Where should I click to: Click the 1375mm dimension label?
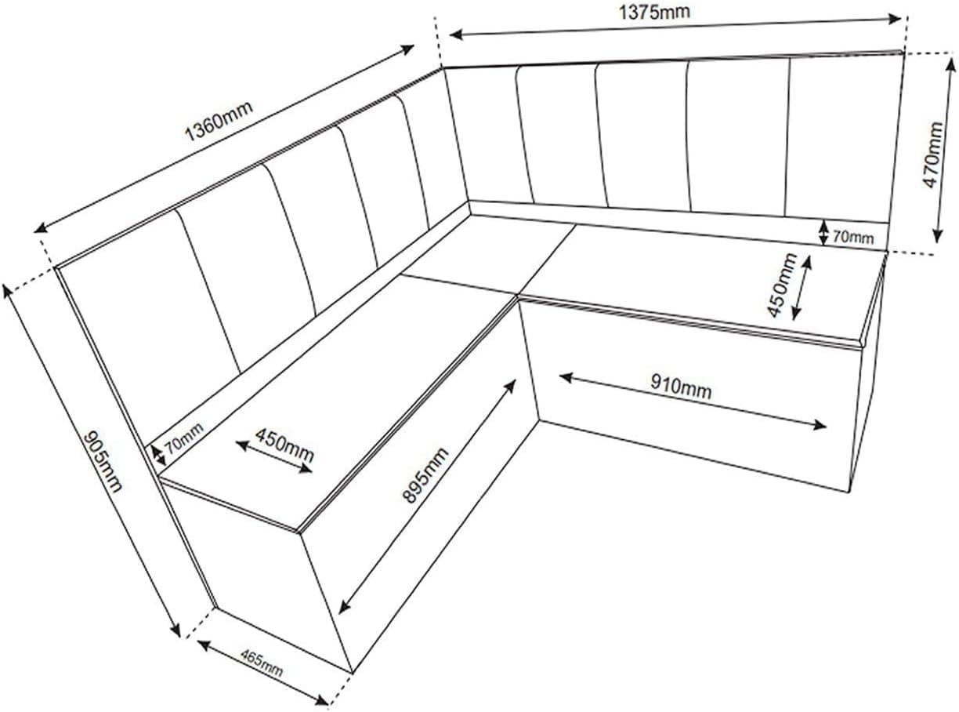pos(654,13)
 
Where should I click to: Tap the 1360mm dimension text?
pos(219,122)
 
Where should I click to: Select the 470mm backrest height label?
pos(932,155)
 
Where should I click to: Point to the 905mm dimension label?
pos(103,461)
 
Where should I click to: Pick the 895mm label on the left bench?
pos(425,475)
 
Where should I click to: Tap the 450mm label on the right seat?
pos(781,285)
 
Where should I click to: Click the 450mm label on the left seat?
pos(284,445)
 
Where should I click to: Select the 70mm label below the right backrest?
pos(853,238)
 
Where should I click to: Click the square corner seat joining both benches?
pos(489,256)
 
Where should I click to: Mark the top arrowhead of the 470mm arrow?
pos(951,64)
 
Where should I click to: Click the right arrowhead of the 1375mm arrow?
pos(895,18)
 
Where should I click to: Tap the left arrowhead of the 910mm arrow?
pos(566,377)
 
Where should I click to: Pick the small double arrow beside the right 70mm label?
pos(824,232)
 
